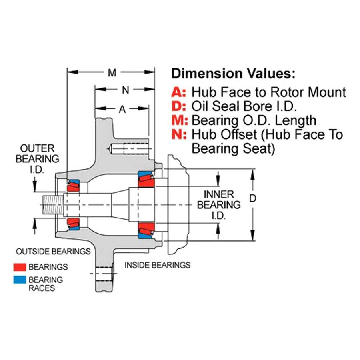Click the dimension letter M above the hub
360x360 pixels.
pyautogui.click(x=112, y=73)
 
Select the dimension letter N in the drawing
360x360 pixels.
pyautogui.click(x=125, y=90)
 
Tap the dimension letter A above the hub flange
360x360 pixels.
pyautogui.click(x=122, y=109)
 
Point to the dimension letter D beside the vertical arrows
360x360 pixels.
pyautogui.click(x=252, y=198)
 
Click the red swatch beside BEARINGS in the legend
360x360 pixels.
pyautogui.click(x=20, y=267)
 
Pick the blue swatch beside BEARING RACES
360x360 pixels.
pyautogui.click(x=20, y=280)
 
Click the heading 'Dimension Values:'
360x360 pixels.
pyautogui.click(x=233, y=74)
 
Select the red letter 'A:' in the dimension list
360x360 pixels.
pyautogui.click(x=179, y=92)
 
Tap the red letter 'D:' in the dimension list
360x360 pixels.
pyautogui.click(x=179, y=106)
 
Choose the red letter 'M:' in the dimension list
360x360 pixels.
pyautogui.click(x=180, y=120)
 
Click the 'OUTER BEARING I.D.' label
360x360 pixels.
pyautogui.click(x=37, y=159)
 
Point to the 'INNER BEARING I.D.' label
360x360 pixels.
pyautogui.click(x=218, y=205)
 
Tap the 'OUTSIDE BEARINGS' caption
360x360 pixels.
pyautogui.click(x=53, y=252)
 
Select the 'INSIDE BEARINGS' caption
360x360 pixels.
pyautogui.click(x=158, y=265)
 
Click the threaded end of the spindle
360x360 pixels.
pyautogui.click(x=52, y=204)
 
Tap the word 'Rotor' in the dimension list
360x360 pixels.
pyautogui.click(x=288, y=92)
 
